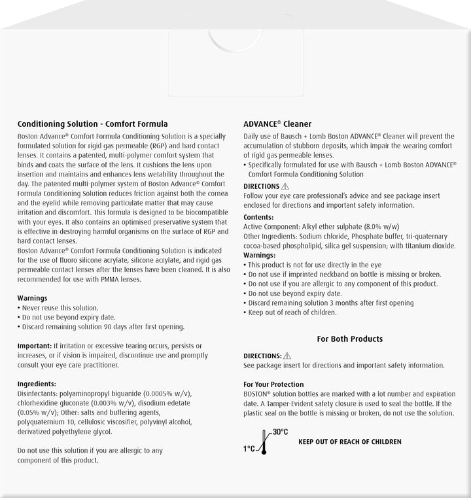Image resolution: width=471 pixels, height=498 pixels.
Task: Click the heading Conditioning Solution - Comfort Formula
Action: click(x=93, y=123)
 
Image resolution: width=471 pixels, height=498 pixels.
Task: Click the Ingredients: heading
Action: click(x=37, y=384)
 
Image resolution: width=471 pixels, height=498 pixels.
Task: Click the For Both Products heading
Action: click(x=350, y=339)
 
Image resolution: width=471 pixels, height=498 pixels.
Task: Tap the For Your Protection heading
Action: click(x=273, y=384)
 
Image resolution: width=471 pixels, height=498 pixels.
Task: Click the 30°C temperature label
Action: click(x=281, y=433)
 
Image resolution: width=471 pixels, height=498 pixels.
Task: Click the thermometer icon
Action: click(x=265, y=442)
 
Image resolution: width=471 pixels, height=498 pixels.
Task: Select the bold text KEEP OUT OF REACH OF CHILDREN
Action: click(x=350, y=442)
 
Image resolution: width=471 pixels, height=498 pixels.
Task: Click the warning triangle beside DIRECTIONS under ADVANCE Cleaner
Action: click(x=287, y=186)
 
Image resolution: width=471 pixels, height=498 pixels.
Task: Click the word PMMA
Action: click(x=116, y=279)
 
